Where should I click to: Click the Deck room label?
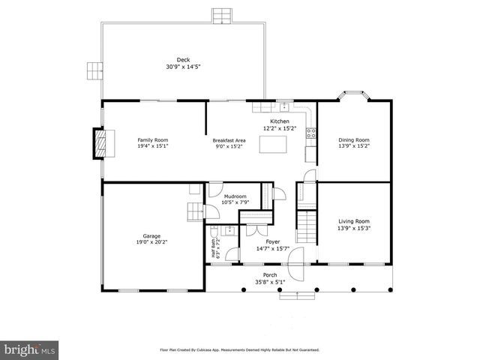point(183,60)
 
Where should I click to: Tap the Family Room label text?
point(152,140)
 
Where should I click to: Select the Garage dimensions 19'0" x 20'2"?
point(152,242)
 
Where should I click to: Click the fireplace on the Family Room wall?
point(99,144)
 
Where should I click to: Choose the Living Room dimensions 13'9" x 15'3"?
point(354,228)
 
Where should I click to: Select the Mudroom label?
point(235,196)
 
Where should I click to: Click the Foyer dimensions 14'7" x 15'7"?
point(272,248)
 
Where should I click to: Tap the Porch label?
point(269,275)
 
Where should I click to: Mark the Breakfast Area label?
point(229,140)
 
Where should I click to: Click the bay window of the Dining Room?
point(354,95)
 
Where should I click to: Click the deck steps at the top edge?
point(221,16)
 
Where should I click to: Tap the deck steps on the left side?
point(94,70)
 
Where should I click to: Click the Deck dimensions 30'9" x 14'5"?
point(183,67)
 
